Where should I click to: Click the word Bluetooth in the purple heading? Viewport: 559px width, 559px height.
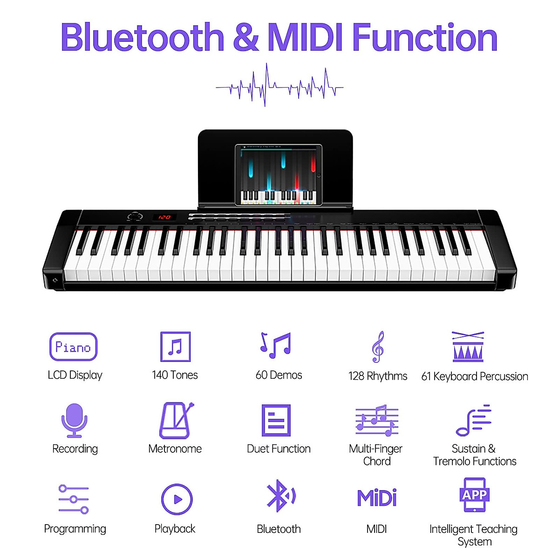pyautogui.click(x=143, y=38)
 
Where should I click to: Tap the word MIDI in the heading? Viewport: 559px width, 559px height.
pyautogui.click(x=306, y=38)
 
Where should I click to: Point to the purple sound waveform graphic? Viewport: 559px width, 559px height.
pyautogui.click(x=279, y=86)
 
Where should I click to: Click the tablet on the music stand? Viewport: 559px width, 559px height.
pyautogui.click(x=279, y=175)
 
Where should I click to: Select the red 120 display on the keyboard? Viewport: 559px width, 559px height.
pyautogui.click(x=164, y=217)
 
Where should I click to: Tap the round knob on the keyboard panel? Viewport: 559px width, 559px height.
pyautogui.click(x=135, y=217)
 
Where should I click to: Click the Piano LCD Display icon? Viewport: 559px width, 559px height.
pyautogui.click(x=73, y=347)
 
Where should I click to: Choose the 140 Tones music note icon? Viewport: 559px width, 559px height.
pyautogui.click(x=175, y=347)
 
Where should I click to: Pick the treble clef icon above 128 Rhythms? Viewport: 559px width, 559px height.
pyautogui.click(x=378, y=347)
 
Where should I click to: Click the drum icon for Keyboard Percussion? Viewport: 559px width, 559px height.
pyautogui.click(x=468, y=347)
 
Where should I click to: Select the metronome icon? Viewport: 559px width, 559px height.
pyautogui.click(x=176, y=421)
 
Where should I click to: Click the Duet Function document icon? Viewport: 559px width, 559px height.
pyautogui.click(x=276, y=420)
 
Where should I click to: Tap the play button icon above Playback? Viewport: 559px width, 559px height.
pyautogui.click(x=177, y=499)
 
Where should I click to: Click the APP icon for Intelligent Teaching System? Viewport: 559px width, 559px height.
pyautogui.click(x=474, y=495)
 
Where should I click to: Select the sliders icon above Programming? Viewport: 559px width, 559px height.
pyautogui.click(x=74, y=499)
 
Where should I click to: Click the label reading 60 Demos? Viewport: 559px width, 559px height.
pyautogui.click(x=279, y=375)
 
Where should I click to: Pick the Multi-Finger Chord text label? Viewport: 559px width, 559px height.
pyautogui.click(x=376, y=455)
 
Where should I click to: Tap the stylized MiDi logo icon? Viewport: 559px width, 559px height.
pyautogui.click(x=377, y=498)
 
